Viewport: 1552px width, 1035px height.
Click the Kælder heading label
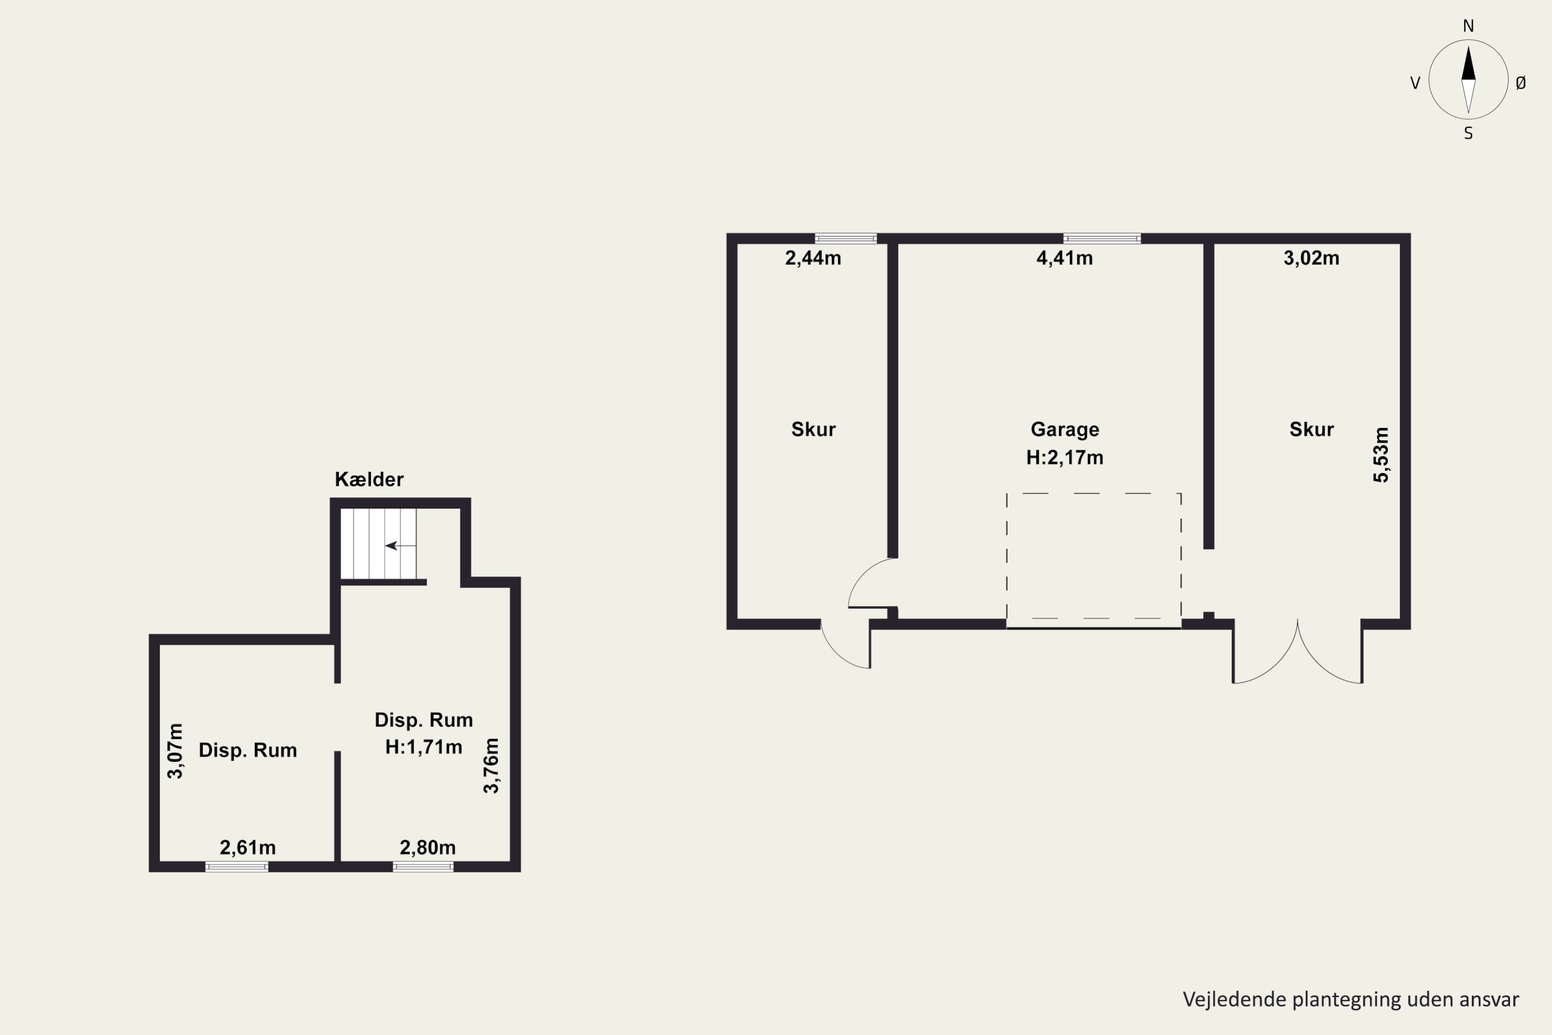[369, 479]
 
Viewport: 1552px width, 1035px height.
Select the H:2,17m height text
[1064, 457]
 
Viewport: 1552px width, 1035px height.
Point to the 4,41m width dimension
[1064, 258]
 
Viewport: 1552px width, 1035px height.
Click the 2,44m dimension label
[813, 258]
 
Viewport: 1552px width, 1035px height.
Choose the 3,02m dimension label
[1311, 258]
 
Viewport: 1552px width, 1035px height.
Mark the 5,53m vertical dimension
[1381, 455]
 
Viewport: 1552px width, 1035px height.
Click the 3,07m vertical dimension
[175, 751]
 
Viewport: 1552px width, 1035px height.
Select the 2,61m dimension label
[247, 848]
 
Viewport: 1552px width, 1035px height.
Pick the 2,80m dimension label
[428, 848]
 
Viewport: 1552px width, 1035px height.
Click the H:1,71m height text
[424, 747]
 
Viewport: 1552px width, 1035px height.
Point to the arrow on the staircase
[400, 546]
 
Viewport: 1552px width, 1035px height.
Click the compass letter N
[1468, 26]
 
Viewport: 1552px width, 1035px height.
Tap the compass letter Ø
[1521, 82]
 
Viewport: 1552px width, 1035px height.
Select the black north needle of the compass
[1468, 63]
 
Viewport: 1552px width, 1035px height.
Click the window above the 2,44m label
[845, 238]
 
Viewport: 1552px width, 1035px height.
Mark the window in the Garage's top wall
[1102, 238]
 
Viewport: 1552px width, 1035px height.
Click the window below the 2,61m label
[237, 867]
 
